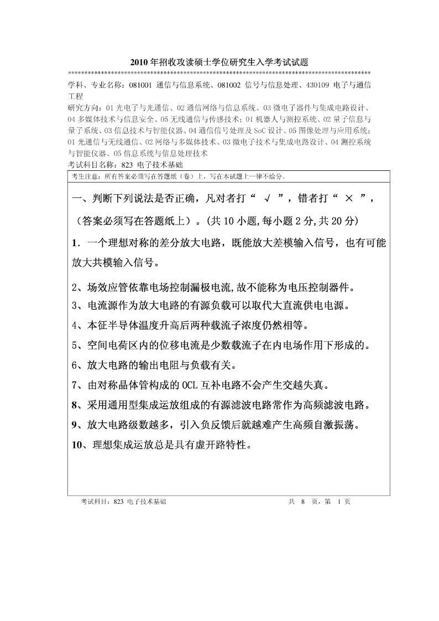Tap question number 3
pos(75,306)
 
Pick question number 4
pos(75,325)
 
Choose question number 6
pos(75,365)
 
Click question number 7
pos(75,384)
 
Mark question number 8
pos(75,405)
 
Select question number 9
pos(75,425)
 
